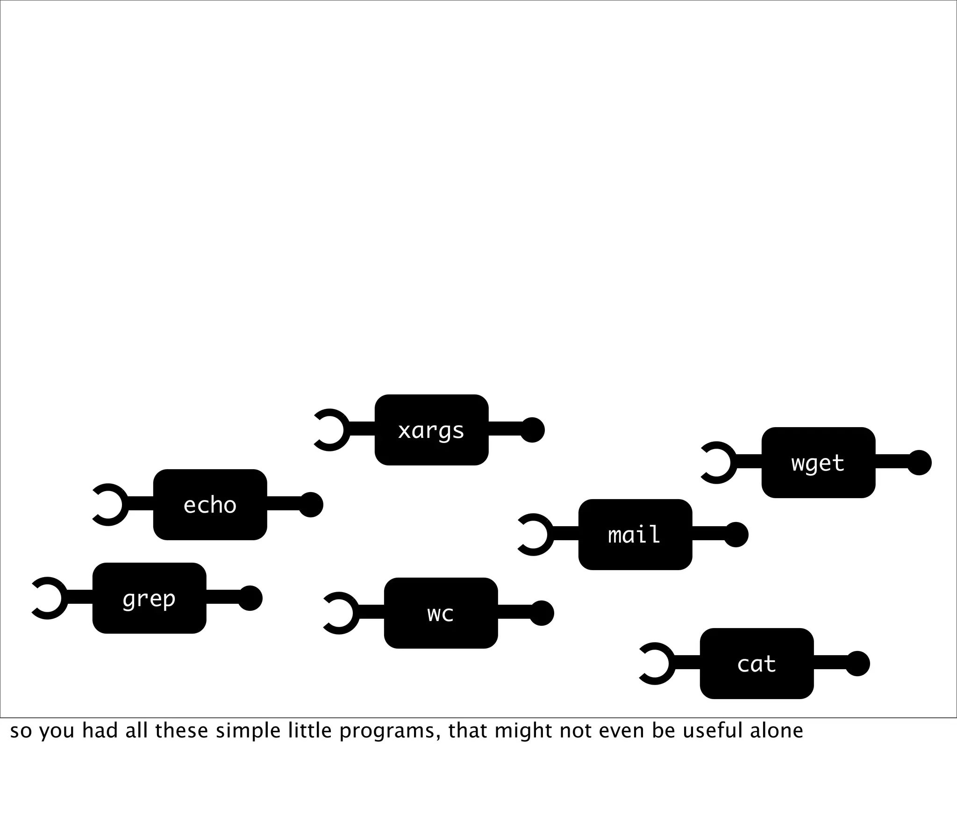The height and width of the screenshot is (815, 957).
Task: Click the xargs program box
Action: (x=431, y=430)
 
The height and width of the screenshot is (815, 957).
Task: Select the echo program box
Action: (x=210, y=505)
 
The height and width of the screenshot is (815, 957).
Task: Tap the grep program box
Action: (x=149, y=598)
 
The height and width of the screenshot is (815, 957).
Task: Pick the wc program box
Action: (x=441, y=613)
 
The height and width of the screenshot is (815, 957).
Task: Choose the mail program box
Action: (x=635, y=535)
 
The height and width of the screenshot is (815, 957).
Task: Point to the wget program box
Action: (x=818, y=463)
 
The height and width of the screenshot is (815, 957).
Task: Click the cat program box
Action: (x=757, y=664)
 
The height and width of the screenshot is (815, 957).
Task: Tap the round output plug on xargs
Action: (x=532, y=430)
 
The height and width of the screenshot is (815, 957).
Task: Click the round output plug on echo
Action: (x=311, y=505)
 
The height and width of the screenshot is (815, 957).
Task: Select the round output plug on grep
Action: (x=250, y=598)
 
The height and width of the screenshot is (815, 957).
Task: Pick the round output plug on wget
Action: (x=919, y=463)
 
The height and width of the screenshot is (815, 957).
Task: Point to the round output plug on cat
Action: (x=857, y=664)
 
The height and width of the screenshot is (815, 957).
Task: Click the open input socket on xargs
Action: (x=331, y=430)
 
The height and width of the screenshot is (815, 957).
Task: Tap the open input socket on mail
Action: (x=535, y=535)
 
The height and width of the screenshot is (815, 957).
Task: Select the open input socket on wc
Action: (x=340, y=613)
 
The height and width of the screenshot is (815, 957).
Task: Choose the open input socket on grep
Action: (x=49, y=598)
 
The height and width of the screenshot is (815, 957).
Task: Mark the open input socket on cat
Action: (x=656, y=664)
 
